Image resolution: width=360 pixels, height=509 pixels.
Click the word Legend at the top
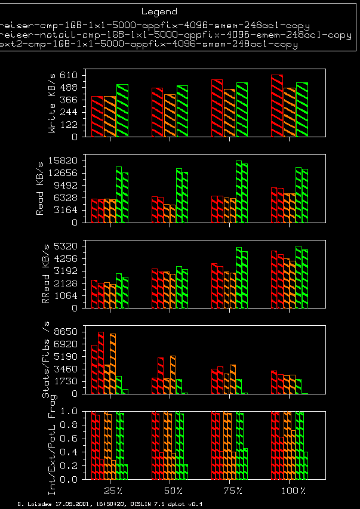coord(159,11)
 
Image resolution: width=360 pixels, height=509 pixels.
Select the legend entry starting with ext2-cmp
coord(149,44)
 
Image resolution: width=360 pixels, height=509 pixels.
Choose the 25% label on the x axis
coord(113,491)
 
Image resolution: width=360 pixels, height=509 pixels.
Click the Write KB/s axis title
coord(53,103)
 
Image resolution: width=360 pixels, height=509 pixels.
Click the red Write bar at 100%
coord(276,106)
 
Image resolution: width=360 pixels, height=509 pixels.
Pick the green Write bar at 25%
coord(122,111)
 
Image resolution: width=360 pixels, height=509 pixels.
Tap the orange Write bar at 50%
coord(170,116)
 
